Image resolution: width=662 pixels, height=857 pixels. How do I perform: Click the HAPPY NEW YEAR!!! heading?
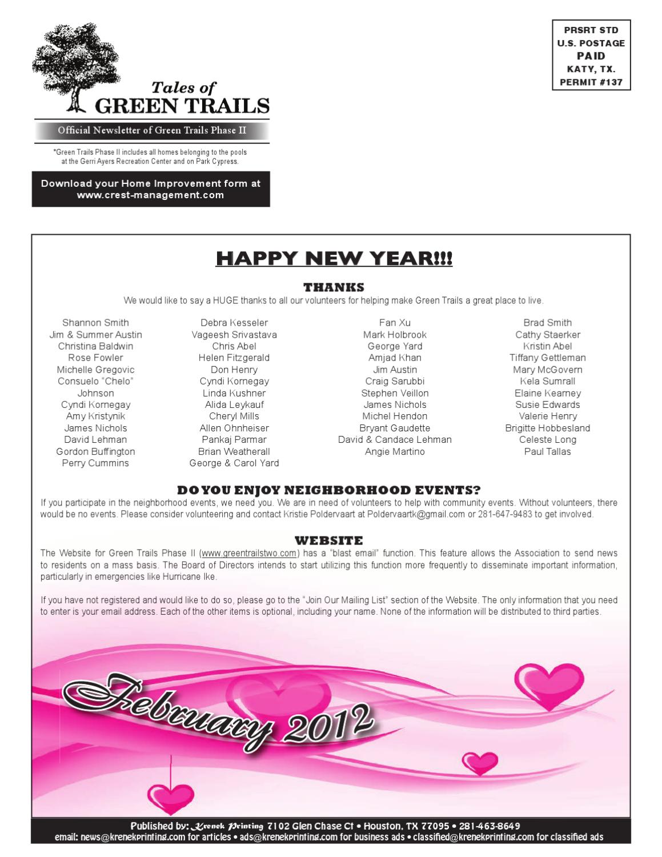point(334,259)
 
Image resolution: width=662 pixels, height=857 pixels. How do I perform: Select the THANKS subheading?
point(334,287)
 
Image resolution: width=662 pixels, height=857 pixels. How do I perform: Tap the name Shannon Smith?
point(95,323)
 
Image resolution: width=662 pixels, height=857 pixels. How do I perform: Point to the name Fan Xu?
point(395,323)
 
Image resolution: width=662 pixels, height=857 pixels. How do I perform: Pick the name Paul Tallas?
point(547,451)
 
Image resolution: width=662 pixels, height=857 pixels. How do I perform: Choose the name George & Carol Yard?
point(234,463)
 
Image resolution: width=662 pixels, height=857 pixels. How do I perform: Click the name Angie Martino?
point(395,451)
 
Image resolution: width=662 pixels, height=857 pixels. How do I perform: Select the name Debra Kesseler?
point(234,323)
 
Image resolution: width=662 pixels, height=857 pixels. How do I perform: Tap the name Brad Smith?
point(547,323)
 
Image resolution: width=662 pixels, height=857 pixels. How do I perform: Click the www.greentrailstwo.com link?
point(250,553)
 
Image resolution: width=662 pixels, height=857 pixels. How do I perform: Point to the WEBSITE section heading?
point(328,540)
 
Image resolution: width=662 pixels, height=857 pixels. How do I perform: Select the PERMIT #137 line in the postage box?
point(591,82)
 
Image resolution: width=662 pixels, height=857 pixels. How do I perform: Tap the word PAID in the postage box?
point(591,56)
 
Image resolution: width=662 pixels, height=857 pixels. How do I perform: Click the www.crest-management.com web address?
point(150,195)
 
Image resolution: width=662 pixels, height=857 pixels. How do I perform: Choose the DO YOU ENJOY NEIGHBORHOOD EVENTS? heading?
point(328,490)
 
